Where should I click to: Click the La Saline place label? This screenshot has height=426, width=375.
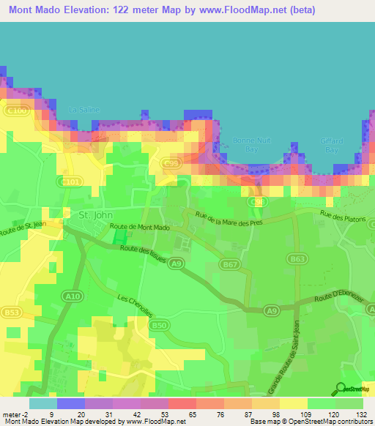click(x=83, y=110)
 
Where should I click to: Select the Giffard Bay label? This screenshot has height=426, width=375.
click(x=330, y=144)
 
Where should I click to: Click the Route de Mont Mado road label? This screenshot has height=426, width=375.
click(x=140, y=228)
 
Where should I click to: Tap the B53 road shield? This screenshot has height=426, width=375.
click(x=11, y=313)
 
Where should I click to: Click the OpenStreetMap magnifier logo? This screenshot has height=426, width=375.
click(x=341, y=389)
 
